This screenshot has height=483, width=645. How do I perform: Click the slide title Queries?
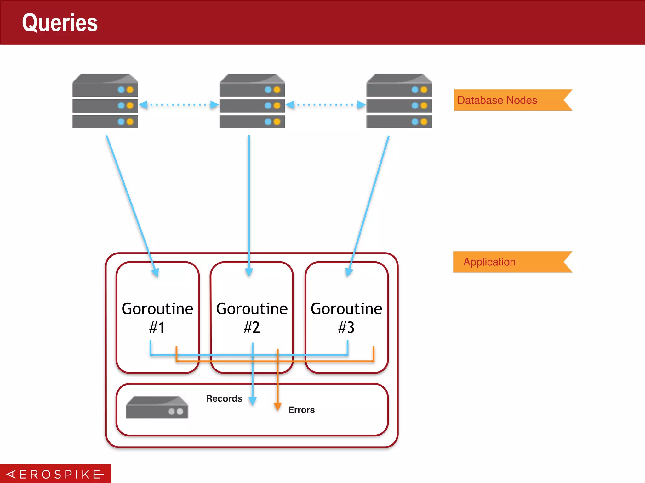coord(60,23)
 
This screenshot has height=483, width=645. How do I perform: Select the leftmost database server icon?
coord(105,101)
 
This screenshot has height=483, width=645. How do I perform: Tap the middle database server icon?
coord(252,101)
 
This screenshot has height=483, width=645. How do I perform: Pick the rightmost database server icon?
coord(399,101)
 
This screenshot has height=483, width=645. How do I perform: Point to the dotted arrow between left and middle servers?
coord(179,105)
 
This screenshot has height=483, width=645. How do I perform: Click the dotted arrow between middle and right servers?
coord(325,105)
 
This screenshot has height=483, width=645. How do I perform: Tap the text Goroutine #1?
coord(157,318)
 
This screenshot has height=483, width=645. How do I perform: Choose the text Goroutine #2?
coord(252,318)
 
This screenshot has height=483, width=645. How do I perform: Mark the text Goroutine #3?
coord(346,318)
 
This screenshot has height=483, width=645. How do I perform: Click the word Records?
coord(224,398)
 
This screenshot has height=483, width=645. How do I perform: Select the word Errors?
coord(301,410)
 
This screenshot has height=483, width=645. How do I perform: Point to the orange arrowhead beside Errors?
coord(277,406)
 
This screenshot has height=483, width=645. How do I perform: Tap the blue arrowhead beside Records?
coord(253,401)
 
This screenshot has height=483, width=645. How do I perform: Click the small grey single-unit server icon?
coord(157,407)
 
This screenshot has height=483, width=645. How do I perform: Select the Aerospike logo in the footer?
coord(55,474)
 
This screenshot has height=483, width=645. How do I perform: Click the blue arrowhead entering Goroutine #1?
coord(156,272)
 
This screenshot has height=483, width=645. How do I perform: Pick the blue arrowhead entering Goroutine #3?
coord(349,272)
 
